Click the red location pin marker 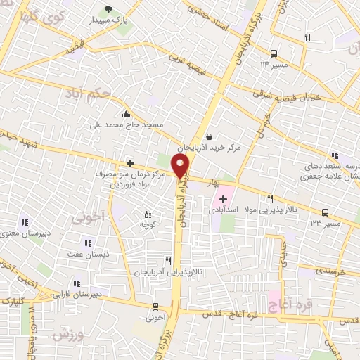coord(181,166)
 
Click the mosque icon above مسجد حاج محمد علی coord(126,115)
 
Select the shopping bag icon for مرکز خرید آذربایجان coord(209,137)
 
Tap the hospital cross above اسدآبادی coord(224,200)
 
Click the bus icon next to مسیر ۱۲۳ coord(325,212)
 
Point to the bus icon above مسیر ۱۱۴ coord(274,53)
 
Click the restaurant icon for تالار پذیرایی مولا coord(270,199)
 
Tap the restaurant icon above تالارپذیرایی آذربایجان coord(167,259)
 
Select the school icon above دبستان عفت coord(88,243)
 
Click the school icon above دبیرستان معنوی coord(23,223)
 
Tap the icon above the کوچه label coord(147,213)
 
